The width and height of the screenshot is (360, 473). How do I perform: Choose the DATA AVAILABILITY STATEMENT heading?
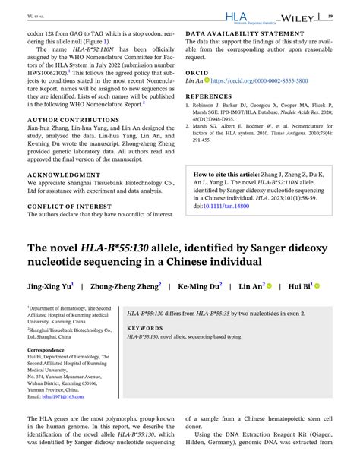point(244,34)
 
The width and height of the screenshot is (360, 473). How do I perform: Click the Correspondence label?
point(46,350)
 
